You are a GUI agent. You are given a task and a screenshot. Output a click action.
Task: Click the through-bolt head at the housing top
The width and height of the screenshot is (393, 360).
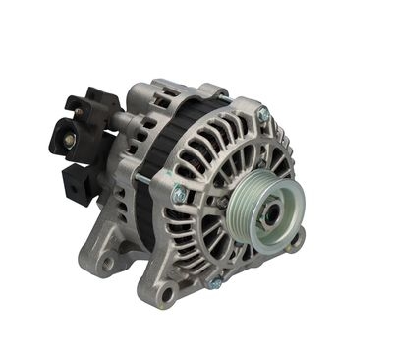263,115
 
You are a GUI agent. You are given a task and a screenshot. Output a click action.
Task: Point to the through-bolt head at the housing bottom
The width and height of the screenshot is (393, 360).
214,282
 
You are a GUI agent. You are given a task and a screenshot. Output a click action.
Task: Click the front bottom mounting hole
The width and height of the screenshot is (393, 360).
169,292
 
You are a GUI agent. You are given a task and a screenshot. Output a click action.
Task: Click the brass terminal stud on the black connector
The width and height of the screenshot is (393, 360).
69,141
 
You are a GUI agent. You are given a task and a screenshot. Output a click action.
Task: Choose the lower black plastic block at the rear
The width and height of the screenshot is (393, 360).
77,182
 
